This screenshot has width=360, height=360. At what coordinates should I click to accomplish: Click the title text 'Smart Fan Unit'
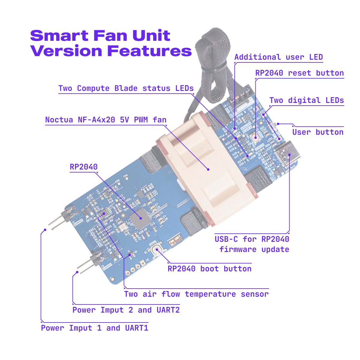(100, 36)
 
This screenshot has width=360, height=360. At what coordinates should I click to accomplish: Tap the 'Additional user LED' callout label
(278, 57)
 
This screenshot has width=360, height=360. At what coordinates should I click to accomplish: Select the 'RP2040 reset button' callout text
(299, 73)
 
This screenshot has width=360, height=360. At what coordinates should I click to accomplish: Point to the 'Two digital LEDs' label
(306, 100)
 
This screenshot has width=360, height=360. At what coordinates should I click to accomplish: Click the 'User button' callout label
(318, 132)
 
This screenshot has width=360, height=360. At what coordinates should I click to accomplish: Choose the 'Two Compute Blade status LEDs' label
(126, 88)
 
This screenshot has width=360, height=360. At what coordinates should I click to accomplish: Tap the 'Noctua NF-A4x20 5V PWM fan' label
(106, 120)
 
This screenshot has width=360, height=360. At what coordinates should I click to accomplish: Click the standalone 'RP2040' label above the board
(84, 167)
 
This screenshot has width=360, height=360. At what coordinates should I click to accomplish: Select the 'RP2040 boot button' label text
(210, 269)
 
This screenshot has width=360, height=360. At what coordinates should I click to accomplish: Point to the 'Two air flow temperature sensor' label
(196, 294)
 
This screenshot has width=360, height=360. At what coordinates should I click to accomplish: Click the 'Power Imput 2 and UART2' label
(126, 310)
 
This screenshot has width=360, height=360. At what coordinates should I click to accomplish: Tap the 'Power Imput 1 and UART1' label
(94, 328)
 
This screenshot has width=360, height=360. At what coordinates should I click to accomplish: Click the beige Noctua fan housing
(207, 168)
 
